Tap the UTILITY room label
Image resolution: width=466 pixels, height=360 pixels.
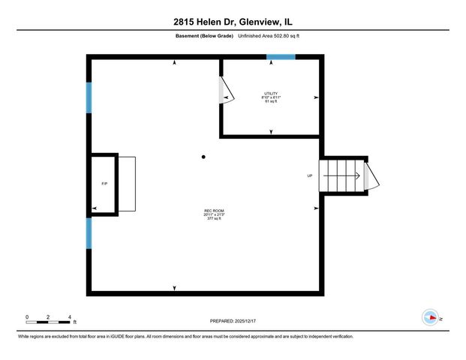(x=270, y=93)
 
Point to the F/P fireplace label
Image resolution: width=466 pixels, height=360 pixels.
(x=104, y=184)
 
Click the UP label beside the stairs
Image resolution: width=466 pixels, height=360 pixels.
(x=309, y=176)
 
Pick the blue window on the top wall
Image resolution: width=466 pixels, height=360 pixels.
(x=281, y=57)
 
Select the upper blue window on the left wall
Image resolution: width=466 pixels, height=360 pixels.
(x=89, y=97)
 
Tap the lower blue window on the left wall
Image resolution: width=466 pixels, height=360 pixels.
(x=89, y=233)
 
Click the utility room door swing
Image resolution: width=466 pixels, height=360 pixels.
(x=226, y=90)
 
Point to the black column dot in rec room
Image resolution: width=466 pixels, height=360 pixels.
(x=203, y=157)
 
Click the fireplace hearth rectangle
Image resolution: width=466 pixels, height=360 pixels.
(x=127, y=184)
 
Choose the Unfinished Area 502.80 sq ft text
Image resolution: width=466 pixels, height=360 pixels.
(x=269, y=35)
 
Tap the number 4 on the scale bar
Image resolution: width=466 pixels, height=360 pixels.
(x=69, y=316)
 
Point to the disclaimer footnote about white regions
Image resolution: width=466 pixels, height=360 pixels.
(x=185, y=337)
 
